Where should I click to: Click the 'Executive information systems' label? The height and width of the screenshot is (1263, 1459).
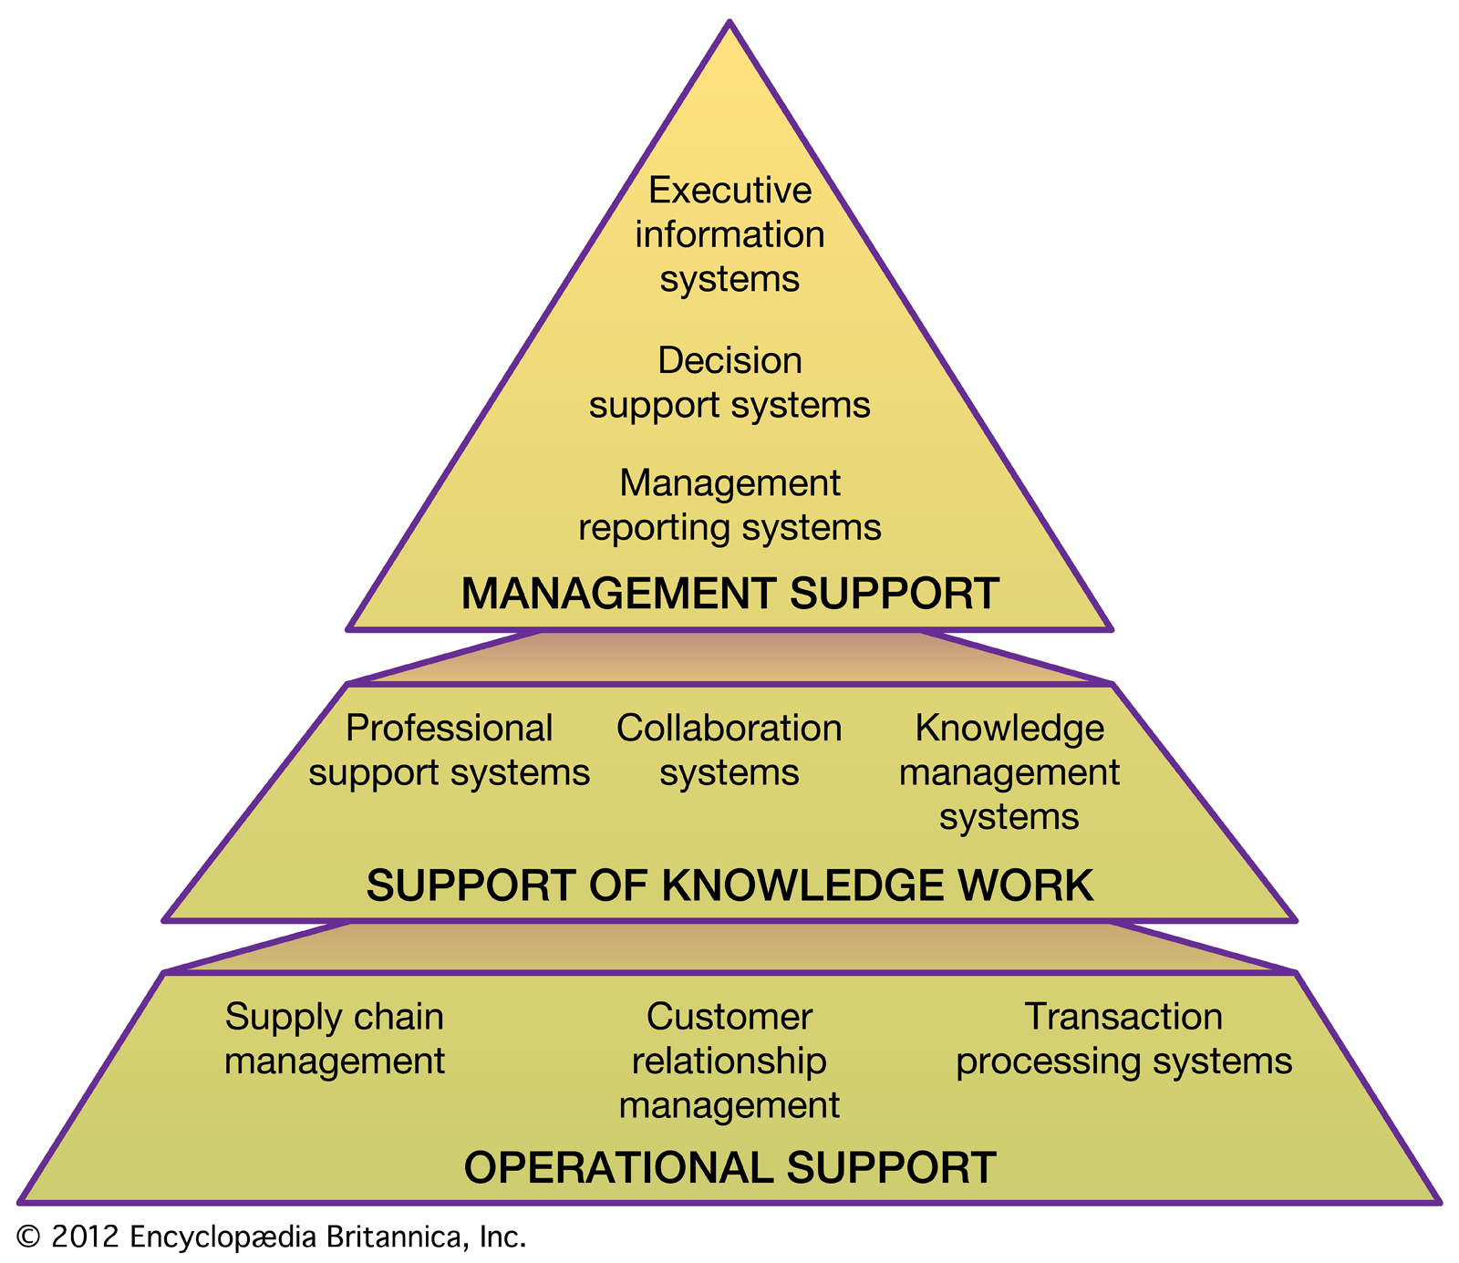pyautogui.click(x=729, y=234)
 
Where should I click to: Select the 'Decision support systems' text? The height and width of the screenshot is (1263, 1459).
pyautogui.click(x=729, y=383)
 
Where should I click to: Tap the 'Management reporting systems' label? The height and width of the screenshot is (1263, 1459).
pyautogui.click(x=729, y=505)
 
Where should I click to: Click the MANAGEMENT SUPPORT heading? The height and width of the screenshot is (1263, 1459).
pyautogui.click(x=729, y=594)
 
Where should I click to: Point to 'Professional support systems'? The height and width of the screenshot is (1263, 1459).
pyautogui.click(x=449, y=751)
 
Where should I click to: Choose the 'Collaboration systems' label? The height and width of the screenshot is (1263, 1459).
pyautogui.click(x=729, y=751)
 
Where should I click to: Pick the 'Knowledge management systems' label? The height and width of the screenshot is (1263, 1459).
pyautogui.click(x=1009, y=772)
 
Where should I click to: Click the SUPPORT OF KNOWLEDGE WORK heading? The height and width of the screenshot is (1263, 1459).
pyautogui.click(x=729, y=885)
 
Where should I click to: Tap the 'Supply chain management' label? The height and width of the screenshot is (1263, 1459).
pyautogui.click(x=335, y=1039)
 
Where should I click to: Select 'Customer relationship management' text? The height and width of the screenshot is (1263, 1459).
pyautogui.click(x=729, y=1061)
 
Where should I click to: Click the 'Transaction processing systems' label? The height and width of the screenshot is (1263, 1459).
pyautogui.click(x=1123, y=1039)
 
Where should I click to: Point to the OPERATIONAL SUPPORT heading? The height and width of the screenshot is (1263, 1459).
pyautogui.click(x=729, y=1168)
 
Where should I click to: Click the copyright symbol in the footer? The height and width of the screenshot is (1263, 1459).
pyautogui.click(x=29, y=1237)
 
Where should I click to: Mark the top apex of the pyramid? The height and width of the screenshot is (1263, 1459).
pyautogui.click(x=729, y=24)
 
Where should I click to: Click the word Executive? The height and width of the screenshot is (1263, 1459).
pyautogui.click(x=729, y=191)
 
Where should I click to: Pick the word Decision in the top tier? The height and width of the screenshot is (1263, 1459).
pyautogui.click(x=729, y=361)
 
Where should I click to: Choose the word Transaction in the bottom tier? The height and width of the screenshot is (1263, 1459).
pyautogui.click(x=1123, y=1017)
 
